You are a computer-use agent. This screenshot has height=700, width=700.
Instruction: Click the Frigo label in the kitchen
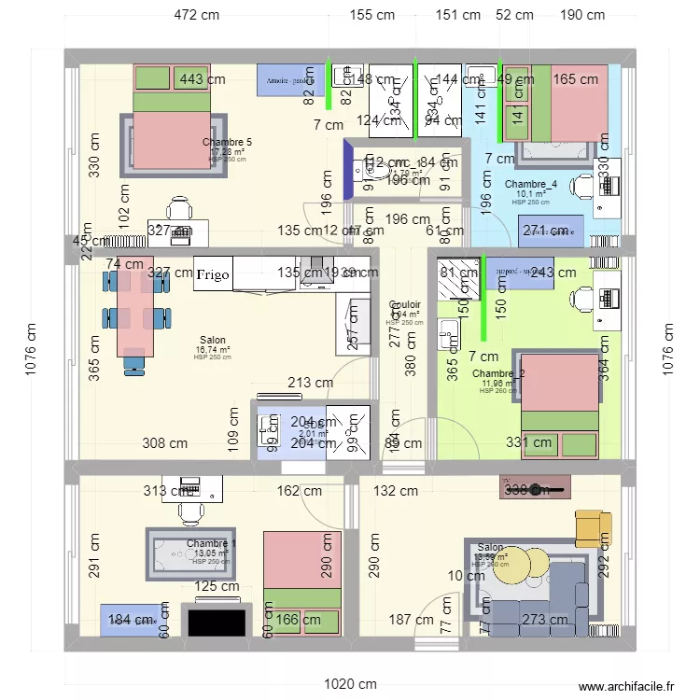(x=211, y=274)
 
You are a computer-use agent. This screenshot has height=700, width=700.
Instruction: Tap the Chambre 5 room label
(x=226, y=143)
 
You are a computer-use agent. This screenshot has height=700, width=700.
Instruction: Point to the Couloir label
(x=404, y=305)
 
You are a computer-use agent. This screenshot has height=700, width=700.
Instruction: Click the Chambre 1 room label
(x=211, y=544)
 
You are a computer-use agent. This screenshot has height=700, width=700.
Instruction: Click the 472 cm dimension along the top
(x=197, y=15)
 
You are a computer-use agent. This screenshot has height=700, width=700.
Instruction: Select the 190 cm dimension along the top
(x=581, y=15)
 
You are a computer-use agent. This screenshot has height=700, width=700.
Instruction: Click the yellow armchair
(x=590, y=528)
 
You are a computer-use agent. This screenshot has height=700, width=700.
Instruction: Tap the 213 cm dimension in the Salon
(x=310, y=382)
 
